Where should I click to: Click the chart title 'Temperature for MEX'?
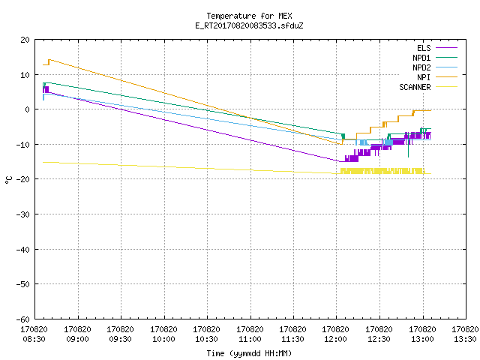tap(249, 16)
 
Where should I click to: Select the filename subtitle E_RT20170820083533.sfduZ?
tap(249, 25)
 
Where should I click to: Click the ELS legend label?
tap(424, 48)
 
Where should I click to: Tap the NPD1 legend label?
tap(421, 58)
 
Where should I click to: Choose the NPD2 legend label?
tap(421, 67)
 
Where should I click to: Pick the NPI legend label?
tap(424, 77)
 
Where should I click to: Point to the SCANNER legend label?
tap(415, 87)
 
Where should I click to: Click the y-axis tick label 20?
tap(25, 40)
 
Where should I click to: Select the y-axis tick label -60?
tap(23, 319)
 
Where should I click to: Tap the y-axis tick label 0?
tap(28, 109)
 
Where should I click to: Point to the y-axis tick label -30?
tap(23, 214)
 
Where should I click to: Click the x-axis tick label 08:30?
tap(34, 339)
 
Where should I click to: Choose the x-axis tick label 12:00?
tap(335, 339)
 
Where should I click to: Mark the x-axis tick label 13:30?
tap(465, 339)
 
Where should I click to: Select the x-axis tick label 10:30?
tap(206, 339)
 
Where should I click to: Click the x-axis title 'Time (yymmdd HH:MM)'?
tap(249, 353)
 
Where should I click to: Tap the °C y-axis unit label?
tap(8, 180)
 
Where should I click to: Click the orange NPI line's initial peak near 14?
tap(49, 60)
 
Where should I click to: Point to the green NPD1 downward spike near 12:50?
tap(408, 150)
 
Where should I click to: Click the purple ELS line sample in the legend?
tap(446, 48)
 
